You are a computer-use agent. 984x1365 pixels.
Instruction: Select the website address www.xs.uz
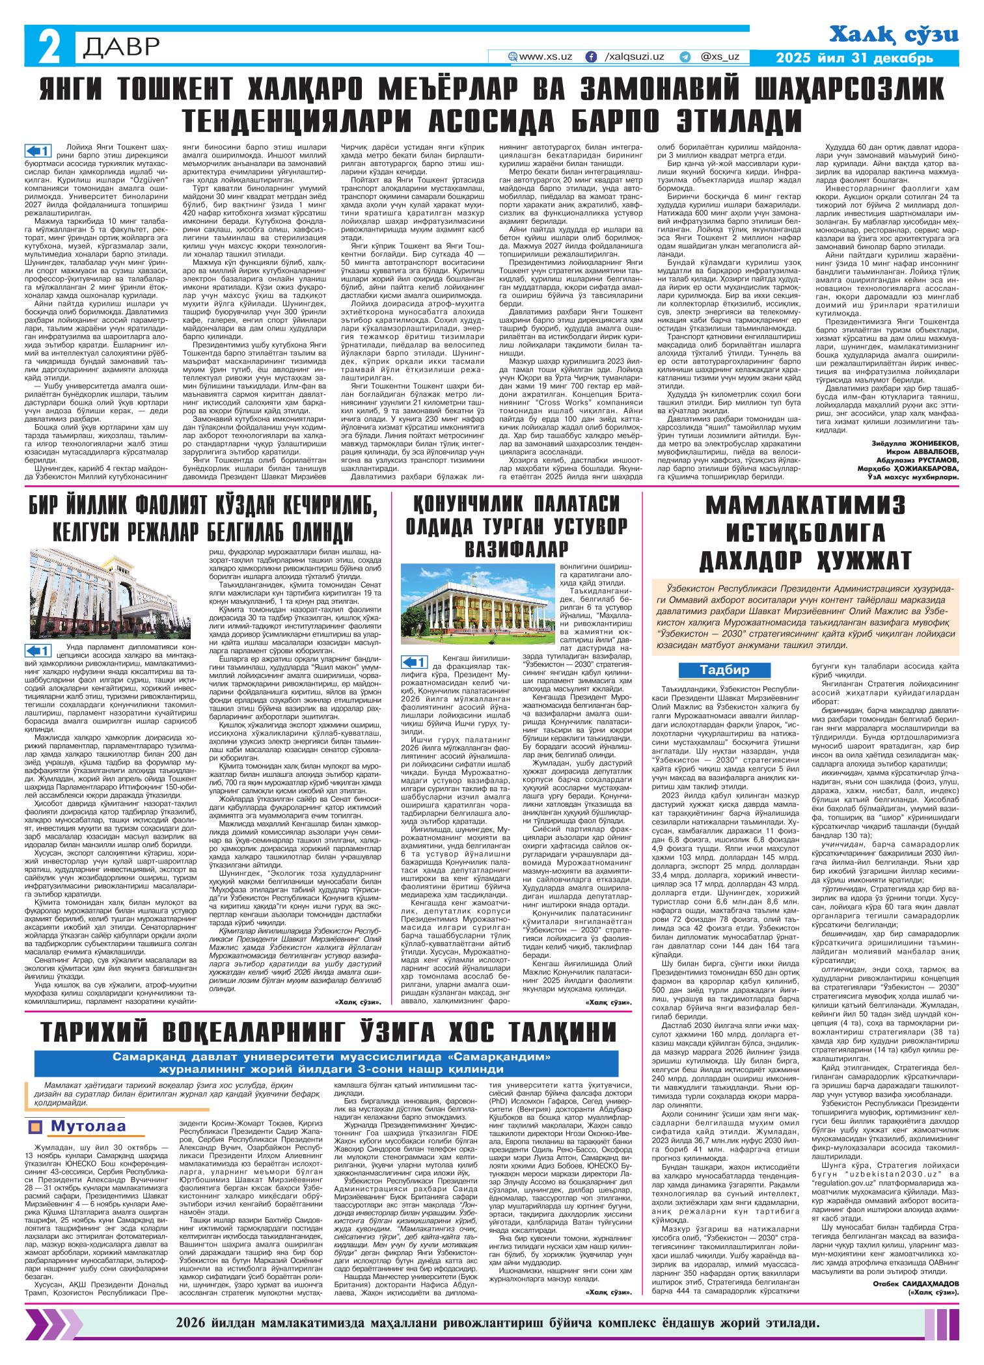coord(545,57)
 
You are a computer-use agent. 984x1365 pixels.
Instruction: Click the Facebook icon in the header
coord(591,57)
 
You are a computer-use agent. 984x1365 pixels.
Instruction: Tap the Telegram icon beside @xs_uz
coord(685,57)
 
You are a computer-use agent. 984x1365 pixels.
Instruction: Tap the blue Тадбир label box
coord(724,669)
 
